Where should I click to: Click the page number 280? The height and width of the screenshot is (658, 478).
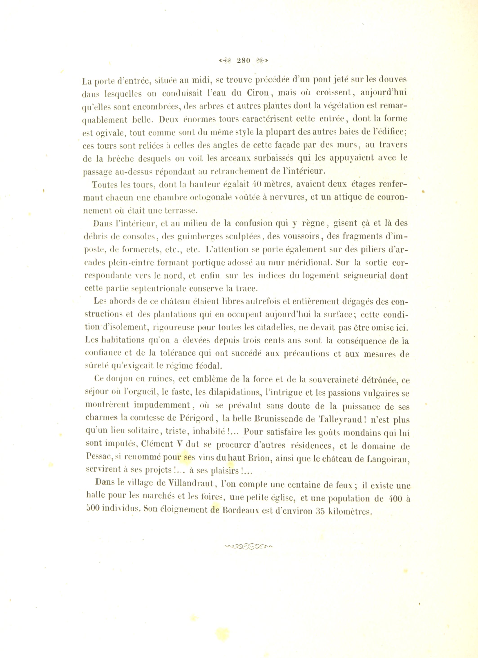[243, 61]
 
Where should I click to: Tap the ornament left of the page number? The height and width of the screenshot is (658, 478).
[224, 61]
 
